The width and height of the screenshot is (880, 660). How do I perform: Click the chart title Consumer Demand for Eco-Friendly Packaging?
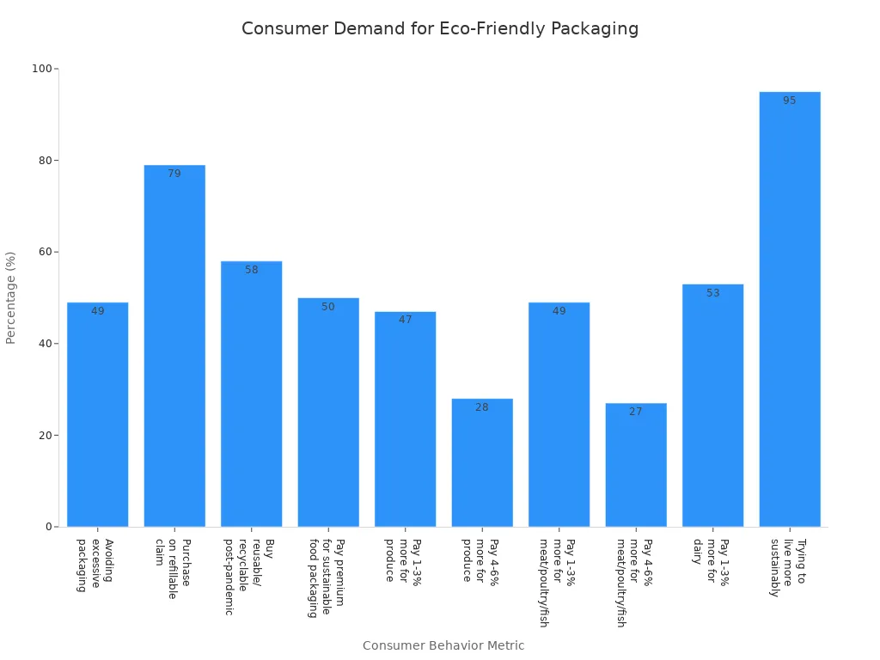(439, 29)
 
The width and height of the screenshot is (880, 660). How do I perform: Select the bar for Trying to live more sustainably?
(789, 309)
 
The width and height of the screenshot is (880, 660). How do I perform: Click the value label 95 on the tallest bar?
(789, 101)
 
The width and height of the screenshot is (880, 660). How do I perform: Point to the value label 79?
(174, 174)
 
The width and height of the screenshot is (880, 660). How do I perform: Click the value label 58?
(251, 270)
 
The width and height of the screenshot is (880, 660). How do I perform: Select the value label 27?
(636, 412)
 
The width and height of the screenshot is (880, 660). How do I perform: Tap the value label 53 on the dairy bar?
(712, 293)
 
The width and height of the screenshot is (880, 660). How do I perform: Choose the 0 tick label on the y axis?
(50, 527)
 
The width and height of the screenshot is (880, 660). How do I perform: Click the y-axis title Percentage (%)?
(11, 297)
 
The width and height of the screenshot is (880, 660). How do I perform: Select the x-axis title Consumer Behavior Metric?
(443, 645)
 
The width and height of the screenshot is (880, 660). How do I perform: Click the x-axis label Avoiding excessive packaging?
(95, 565)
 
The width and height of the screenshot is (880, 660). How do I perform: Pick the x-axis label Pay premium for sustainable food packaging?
(327, 577)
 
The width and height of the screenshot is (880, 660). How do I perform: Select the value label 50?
(328, 307)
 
